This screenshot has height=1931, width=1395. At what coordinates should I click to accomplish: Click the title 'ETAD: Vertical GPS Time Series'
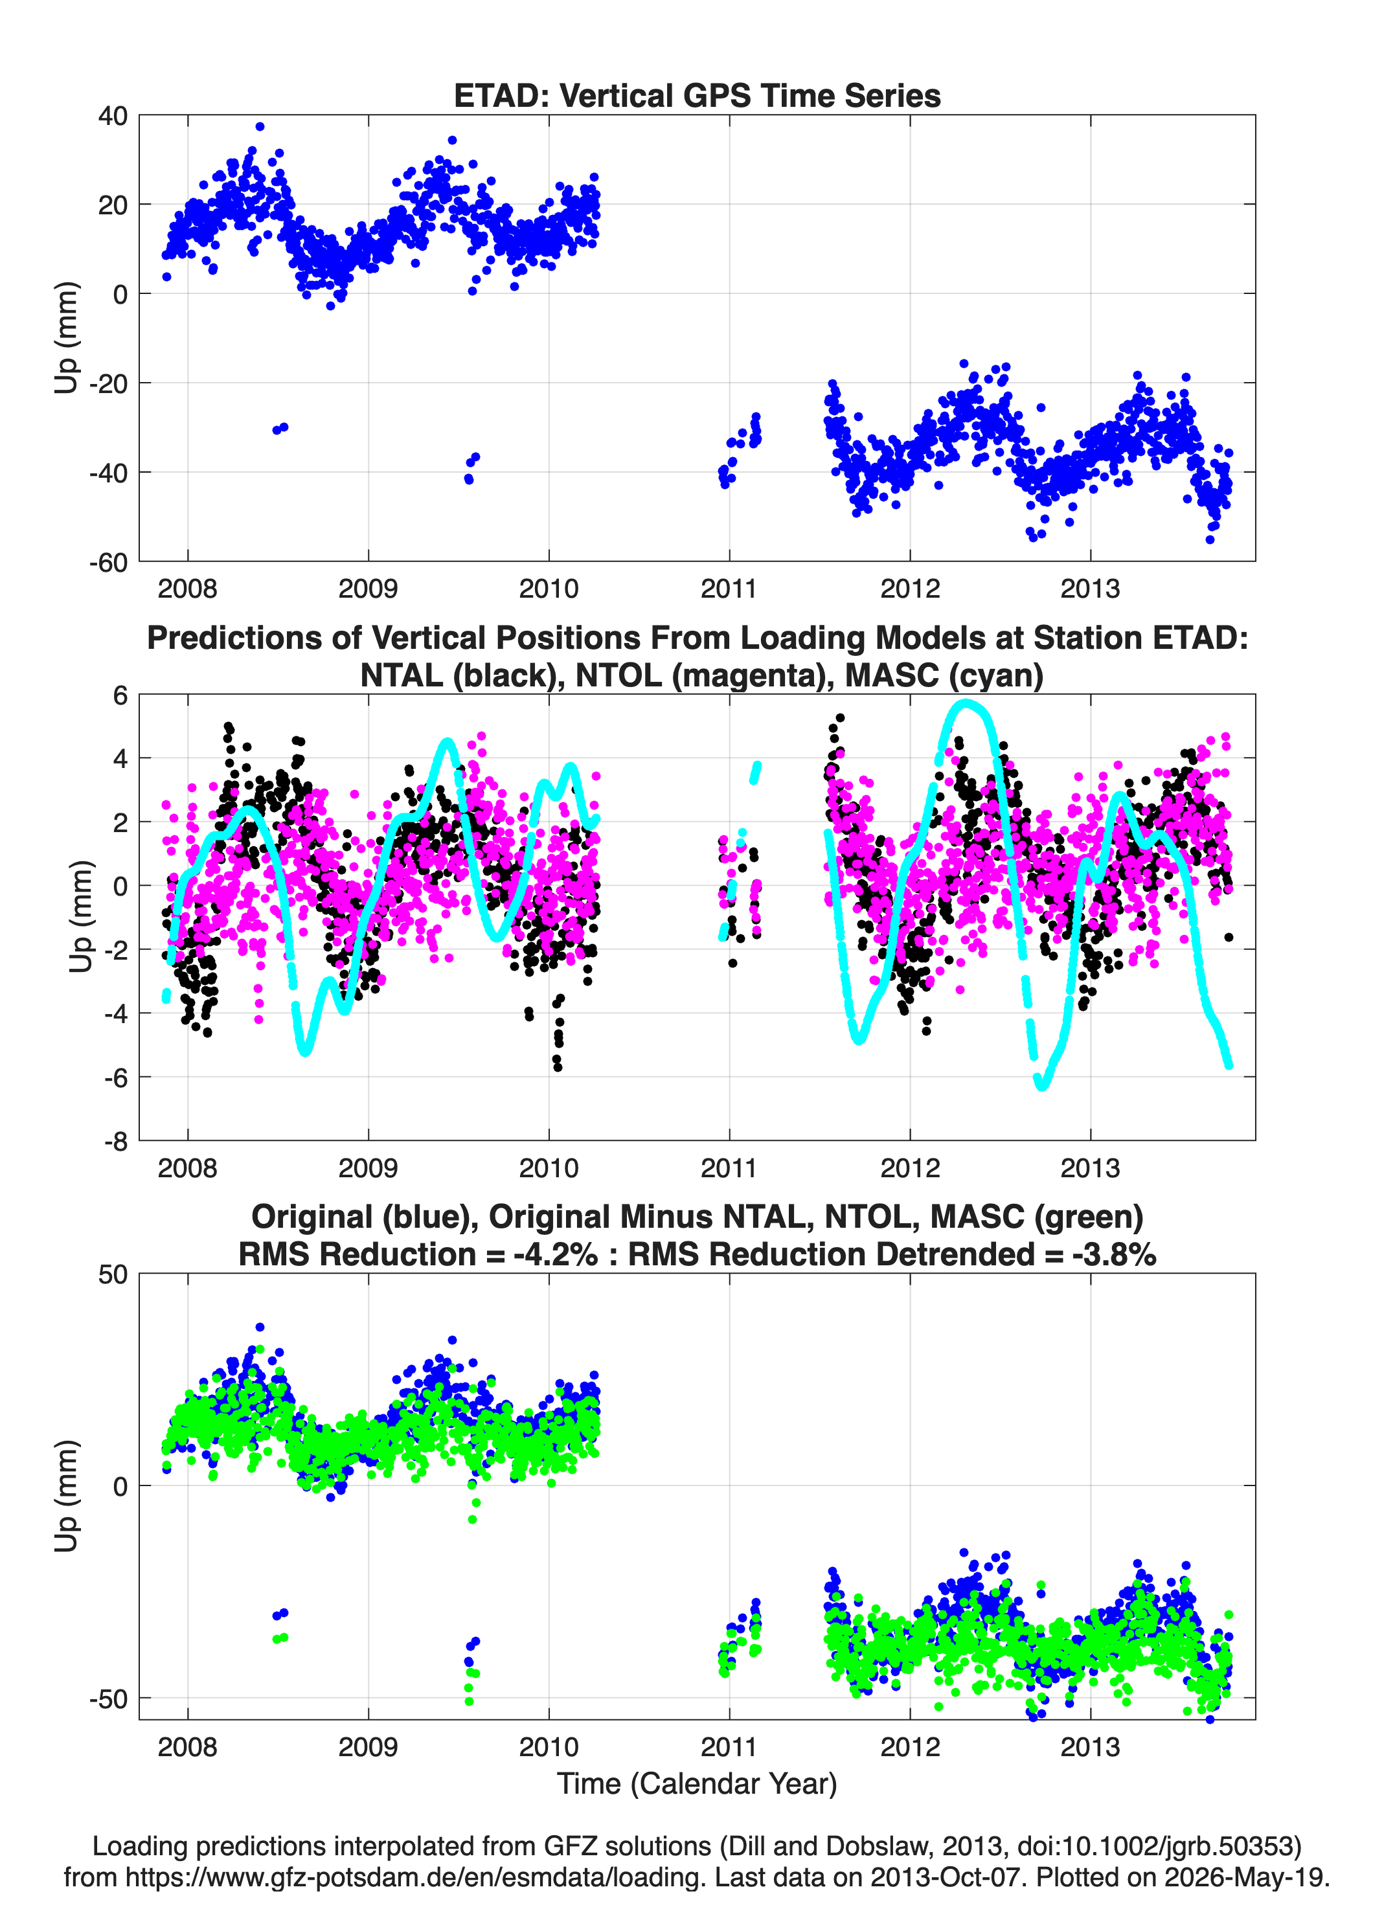[x=697, y=95]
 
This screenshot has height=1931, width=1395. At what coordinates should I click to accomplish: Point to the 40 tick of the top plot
[x=113, y=116]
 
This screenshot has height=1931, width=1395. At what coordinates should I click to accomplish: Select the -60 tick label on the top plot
[x=108, y=562]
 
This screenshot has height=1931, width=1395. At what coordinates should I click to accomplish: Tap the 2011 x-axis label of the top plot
[x=729, y=589]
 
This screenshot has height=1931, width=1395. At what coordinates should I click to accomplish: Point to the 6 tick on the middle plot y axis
[x=120, y=695]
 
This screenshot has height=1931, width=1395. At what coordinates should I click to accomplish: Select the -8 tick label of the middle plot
[x=116, y=1141]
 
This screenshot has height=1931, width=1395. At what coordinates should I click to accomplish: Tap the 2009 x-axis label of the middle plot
[x=368, y=1168]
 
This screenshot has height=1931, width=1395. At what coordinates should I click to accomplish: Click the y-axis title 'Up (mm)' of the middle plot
[x=80, y=917]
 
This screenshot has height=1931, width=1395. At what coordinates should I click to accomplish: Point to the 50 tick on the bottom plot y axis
[x=113, y=1274]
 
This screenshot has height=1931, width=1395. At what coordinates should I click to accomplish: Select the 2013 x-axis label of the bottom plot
[x=1090, y=1746]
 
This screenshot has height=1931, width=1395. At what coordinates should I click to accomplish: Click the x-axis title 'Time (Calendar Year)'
[x=697, y=1783]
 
